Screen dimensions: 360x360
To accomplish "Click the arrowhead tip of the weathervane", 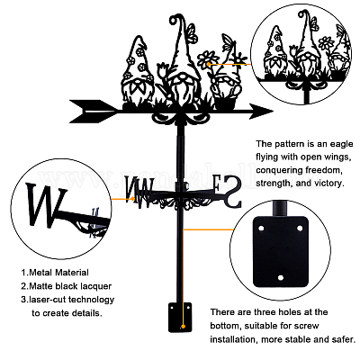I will [x=272, y=112].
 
